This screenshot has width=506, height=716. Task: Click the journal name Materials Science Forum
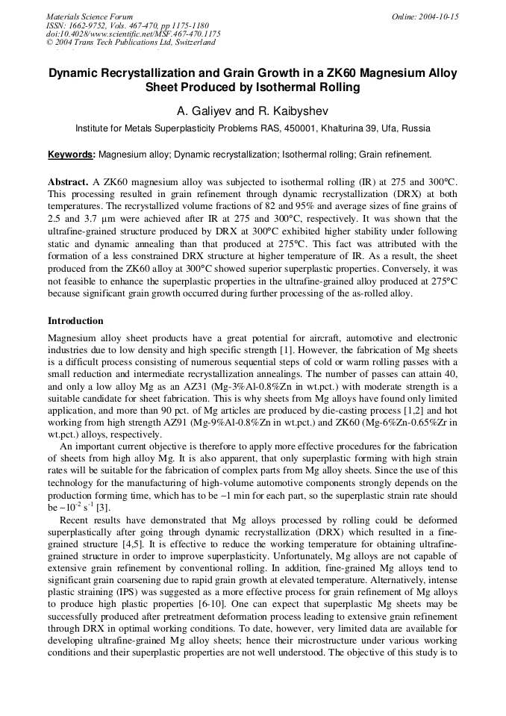(90, 16)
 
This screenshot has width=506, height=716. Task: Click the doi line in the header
(133, 34)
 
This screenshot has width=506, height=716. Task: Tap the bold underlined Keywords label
(72, 155)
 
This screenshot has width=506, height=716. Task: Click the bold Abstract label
(69, 181)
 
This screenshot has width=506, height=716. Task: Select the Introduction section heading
(75, 321)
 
